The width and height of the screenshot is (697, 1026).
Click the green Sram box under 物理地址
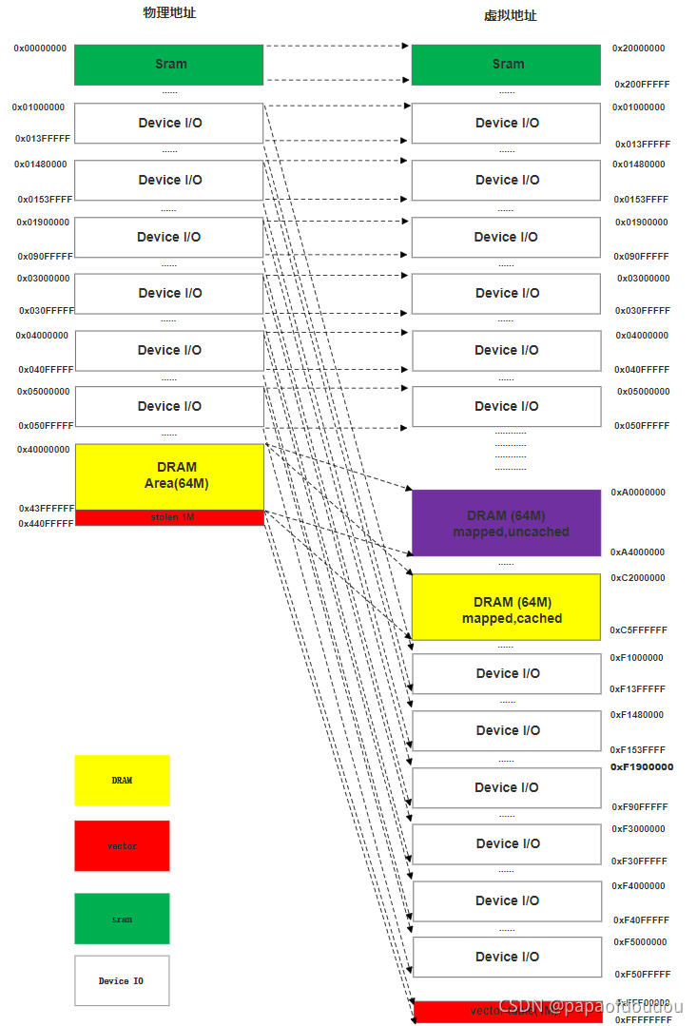coord(168,65)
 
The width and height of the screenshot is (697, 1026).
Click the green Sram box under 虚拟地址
coord(506,65)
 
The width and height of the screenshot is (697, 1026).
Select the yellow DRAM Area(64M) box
coord(168,475)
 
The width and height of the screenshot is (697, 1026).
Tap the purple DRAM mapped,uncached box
coord(506,523)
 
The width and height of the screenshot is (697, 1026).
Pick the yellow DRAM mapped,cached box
coord(506,609)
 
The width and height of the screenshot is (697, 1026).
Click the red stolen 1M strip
coord(168,517)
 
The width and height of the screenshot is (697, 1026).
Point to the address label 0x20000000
coord(638,48)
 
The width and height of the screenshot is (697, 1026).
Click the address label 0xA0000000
coord(638,493)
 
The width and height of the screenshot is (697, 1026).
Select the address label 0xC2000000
coord(638,578)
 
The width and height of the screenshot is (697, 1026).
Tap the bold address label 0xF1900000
coord(642,767)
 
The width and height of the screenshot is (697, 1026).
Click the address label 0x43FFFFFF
coord(46,509)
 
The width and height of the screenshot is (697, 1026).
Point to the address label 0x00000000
coord(40,48)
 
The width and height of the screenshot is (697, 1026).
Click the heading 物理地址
coord(169,13)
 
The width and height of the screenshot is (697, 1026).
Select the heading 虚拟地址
coord(510,16)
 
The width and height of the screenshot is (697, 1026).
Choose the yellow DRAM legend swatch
coord(122,781)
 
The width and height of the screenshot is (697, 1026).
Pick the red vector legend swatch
coord(122,846)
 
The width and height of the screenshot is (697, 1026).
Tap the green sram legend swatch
coord(122,919)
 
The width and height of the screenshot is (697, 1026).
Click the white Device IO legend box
coord(122,980)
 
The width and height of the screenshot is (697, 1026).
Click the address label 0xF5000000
coord(639,942)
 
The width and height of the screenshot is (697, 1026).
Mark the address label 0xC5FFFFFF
coord(638,630)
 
